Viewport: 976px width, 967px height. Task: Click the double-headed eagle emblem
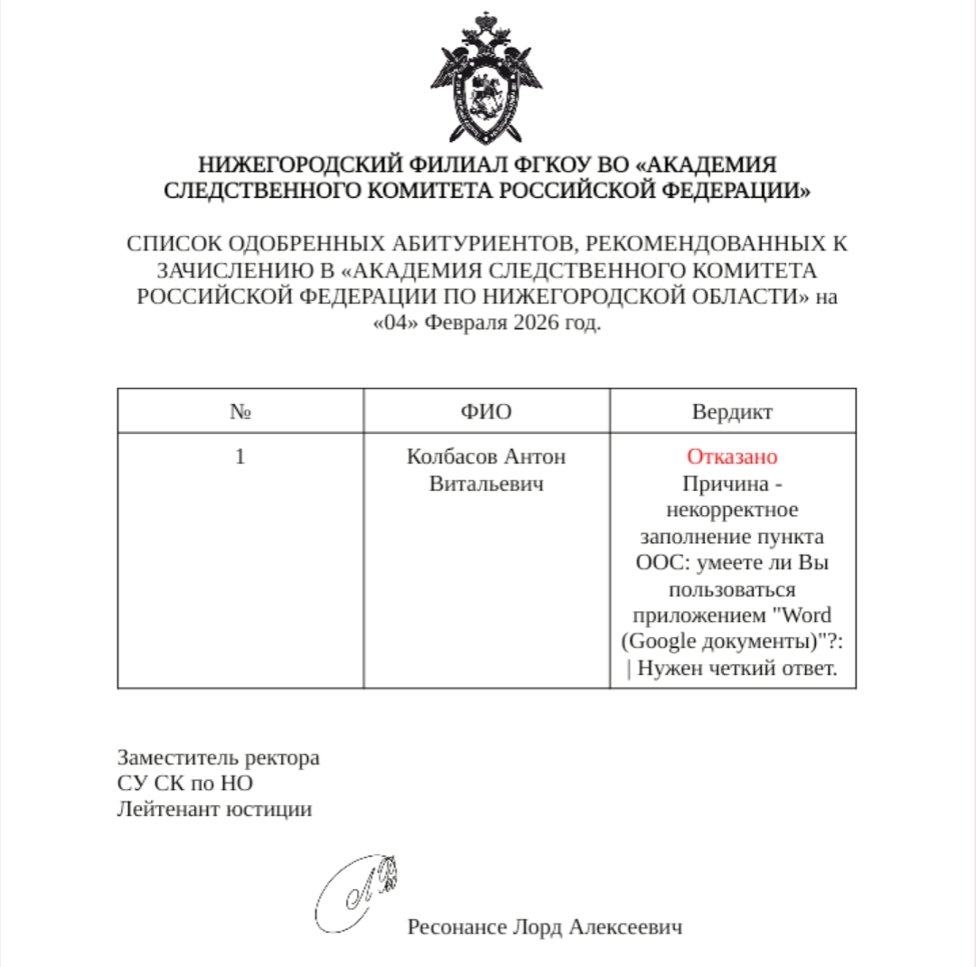pyautogui.click(x=487, y=80)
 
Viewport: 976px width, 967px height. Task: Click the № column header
pyautogui.click(x=239, y=412)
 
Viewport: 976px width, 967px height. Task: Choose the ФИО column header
pyautogui.click(x=486, y=412)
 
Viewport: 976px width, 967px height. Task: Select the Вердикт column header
pyautogui.click(x=732, y=412)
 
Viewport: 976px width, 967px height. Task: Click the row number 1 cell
pyautogui.click(x=239, y=456)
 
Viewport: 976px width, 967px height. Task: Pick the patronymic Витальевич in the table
pyautogui.click(x=486, y=483)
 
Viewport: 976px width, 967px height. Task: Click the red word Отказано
pyautogui.click(x=732, y=456)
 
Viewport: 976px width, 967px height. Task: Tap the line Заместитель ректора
pyautogui.click(x=218, y=757)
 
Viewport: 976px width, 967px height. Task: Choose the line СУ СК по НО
pyautogui.click(x=184, y=783)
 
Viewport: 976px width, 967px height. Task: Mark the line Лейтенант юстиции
pyautogui.click(x=214, y=809)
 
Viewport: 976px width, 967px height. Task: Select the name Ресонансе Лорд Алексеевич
pyautogui.click(x=544, y=927)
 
